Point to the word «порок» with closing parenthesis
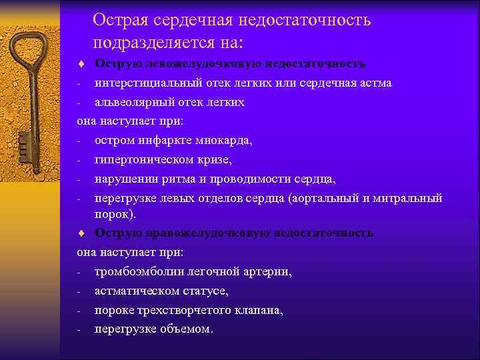(x=115, y=214)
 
